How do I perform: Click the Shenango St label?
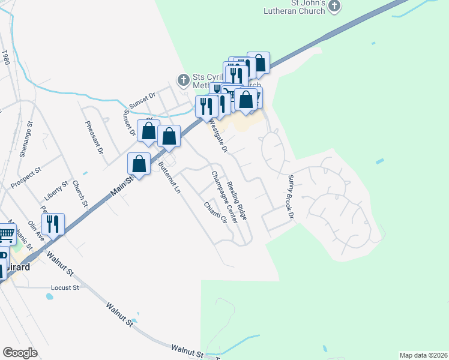click(25, 142)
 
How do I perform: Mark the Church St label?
click(80, 194)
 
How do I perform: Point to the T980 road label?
click(6, 58)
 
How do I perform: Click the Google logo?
click(20, 353)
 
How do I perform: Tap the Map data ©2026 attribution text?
click(423, 355)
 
